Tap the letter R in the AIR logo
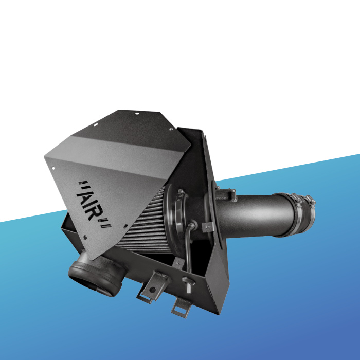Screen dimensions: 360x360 (x=94, y=213)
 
